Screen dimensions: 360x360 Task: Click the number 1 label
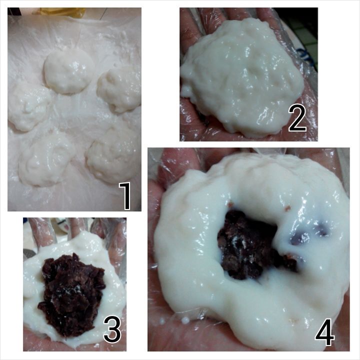(x=125, y=196)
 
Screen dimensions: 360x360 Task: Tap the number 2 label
(x=297, y=118)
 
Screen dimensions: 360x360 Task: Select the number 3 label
(x=112, y=329)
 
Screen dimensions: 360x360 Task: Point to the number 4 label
(x=324, y=332)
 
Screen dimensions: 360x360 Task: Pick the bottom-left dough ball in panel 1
(x=46, y=160)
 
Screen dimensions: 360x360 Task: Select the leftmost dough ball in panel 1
(x=28, y=107)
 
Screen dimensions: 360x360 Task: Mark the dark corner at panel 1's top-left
(x=14, y=11)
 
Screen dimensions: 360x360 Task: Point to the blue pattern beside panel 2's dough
(x=307, y=54)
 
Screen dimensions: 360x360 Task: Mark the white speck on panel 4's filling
(x=239, y=242)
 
